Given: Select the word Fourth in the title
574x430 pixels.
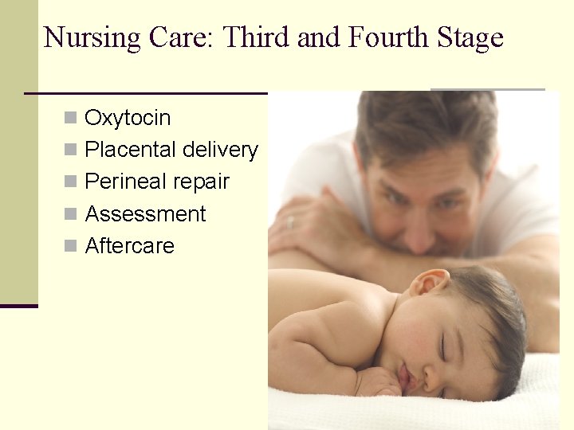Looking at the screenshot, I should pyautogui.click(x=389, y=38).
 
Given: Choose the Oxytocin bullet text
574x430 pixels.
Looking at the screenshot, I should pyautogui.click(x=128, y=118).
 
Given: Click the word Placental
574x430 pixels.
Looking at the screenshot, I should pyautogui.click(x=131, y=150).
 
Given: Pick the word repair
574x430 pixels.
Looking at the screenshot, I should pyautogui.click(x=199, y=182).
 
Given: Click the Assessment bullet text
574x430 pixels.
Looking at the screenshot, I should pyautogui.click(x=145, y=214).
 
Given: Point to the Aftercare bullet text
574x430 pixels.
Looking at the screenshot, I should pyautogui.click(x=129, y=246).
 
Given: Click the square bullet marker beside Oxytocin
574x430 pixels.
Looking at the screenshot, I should pyautogui.click(x=71, y=119).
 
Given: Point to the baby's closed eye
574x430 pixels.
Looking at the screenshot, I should pyautogui.click(x=443, y=347).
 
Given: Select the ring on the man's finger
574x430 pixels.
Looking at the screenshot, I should pyautogui.click(x=290, y=222).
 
